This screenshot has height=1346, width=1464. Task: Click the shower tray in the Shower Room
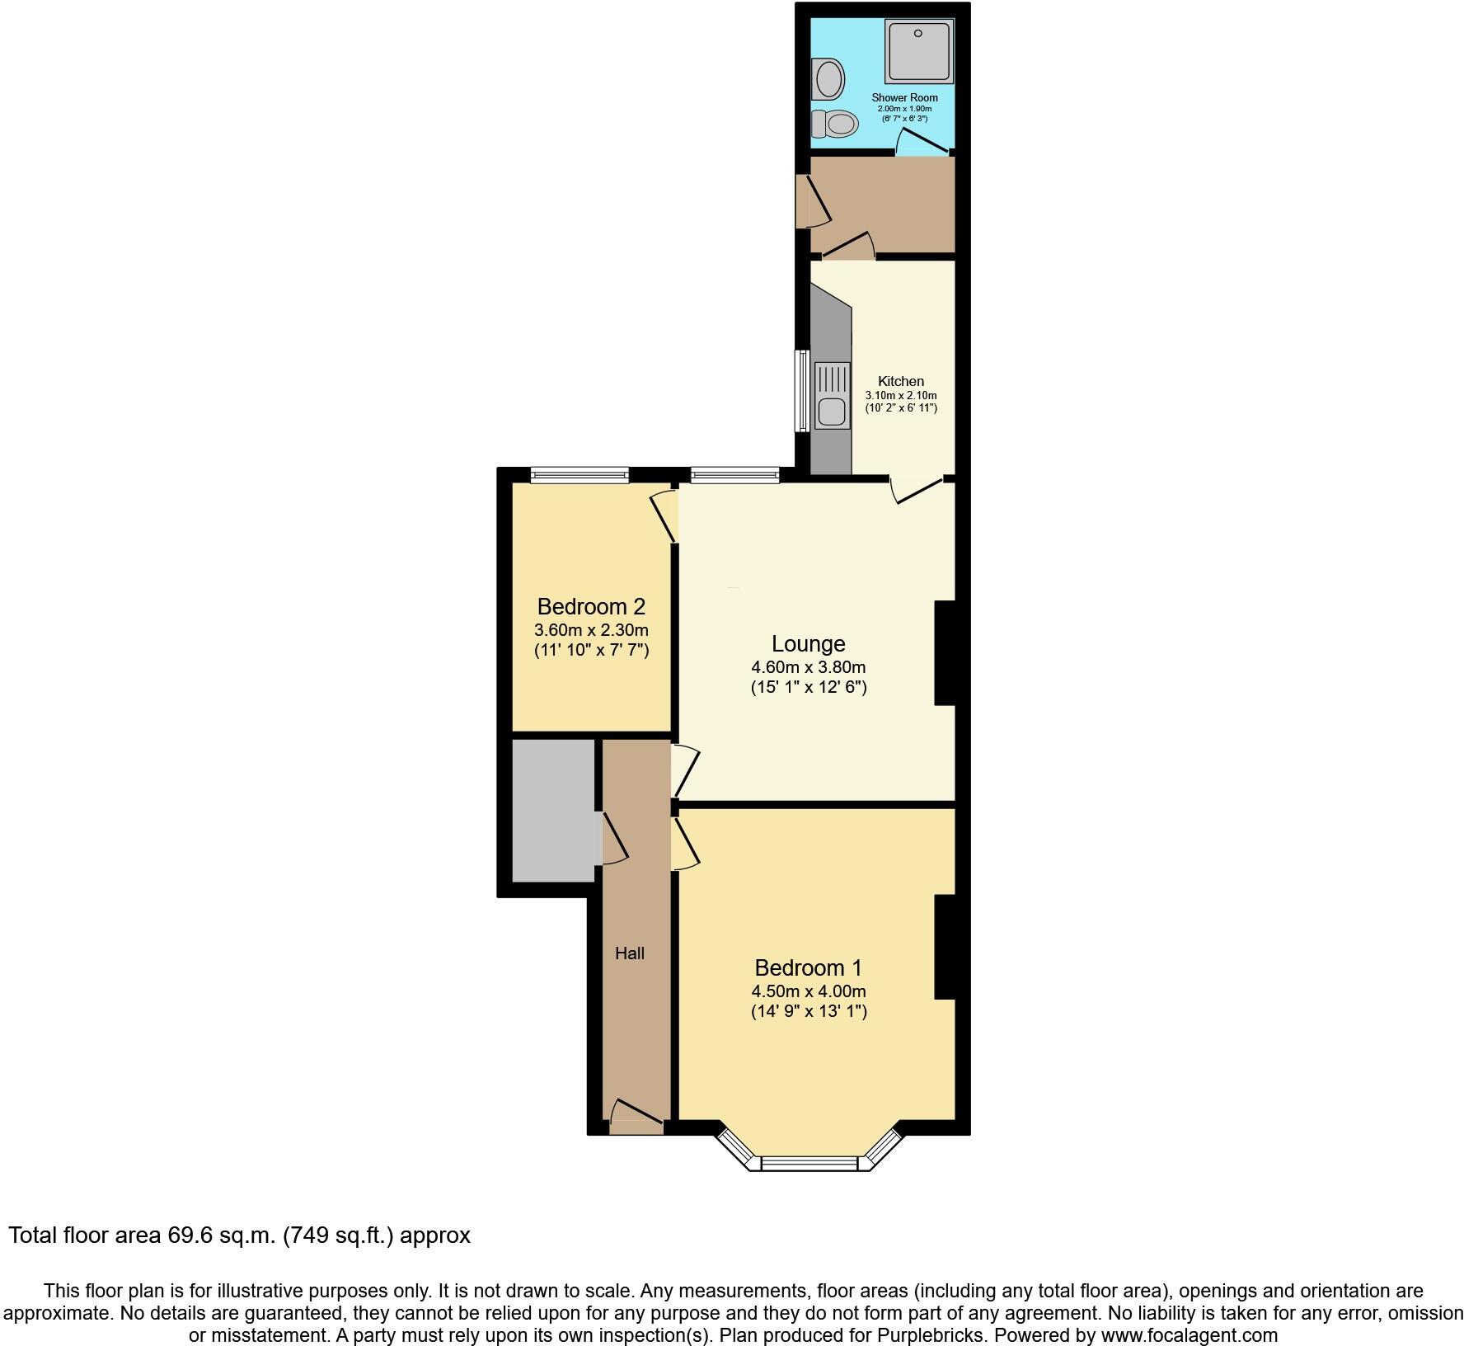click(919, 52)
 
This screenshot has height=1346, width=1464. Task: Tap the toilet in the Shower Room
click(835, 124)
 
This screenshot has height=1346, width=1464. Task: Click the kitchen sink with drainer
click(832, 396)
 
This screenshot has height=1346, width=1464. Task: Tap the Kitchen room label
click(900, 381)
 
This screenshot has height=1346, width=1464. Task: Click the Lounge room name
click(808, 643)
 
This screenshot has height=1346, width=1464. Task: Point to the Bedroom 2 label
click(591, 607)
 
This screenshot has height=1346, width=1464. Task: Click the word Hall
click(630, 953)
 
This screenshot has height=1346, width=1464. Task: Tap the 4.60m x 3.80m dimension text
click(808, 666)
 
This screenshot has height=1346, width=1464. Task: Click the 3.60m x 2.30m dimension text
click(591, 631)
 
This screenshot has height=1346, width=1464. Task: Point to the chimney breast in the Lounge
click(944, 653)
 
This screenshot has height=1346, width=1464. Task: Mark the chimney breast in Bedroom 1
click(944, 947)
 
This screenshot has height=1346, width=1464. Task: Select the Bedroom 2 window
click(579, 474)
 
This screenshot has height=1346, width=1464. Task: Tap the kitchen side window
click(801, 391)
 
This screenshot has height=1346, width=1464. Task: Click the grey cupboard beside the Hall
click(553, 811)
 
